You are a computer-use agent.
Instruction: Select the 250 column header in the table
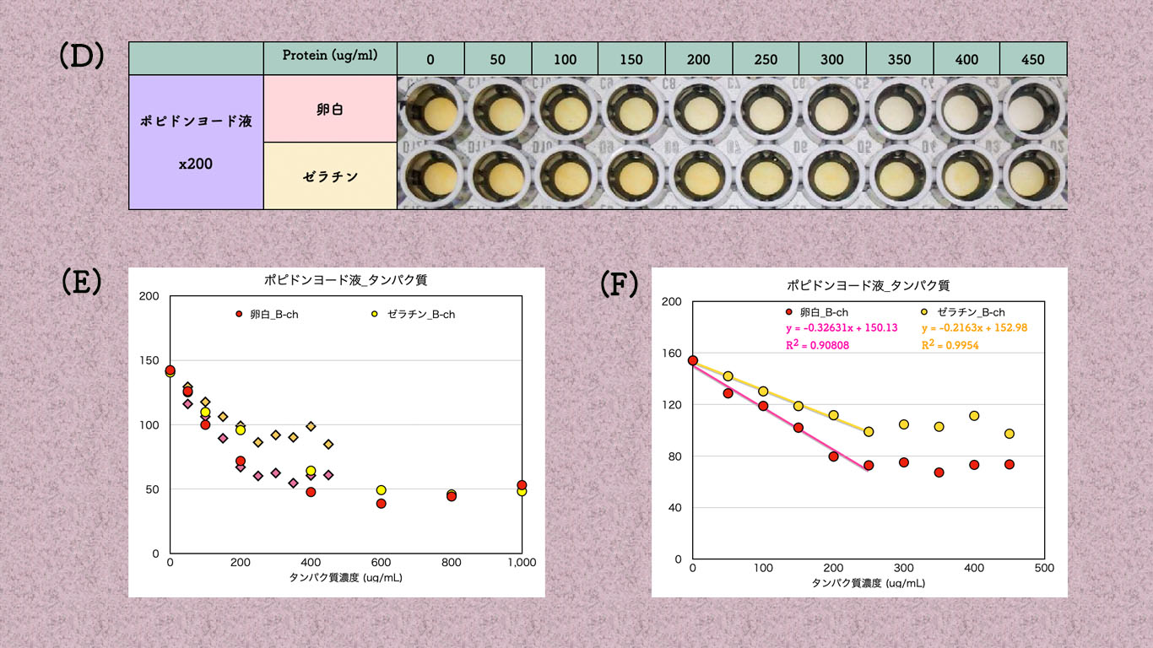coord(766,59)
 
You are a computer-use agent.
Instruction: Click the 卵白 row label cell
coord(329,109)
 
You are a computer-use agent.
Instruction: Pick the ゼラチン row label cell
coord(329,176)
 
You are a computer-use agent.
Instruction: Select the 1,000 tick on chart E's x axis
coord(522,563)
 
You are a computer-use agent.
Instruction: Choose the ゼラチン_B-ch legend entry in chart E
coord(414,314)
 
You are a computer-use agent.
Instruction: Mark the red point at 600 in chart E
coord(381,504)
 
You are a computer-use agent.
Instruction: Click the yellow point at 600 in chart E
coord(381,490)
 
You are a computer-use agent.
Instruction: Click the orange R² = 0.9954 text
coord(950,345)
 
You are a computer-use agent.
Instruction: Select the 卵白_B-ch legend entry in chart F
coord(816,312)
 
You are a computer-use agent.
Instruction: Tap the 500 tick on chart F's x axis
coord(1043,569)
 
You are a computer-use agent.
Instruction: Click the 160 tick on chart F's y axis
coord(672,354)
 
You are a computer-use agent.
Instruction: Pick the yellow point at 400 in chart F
coord(973,416)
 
